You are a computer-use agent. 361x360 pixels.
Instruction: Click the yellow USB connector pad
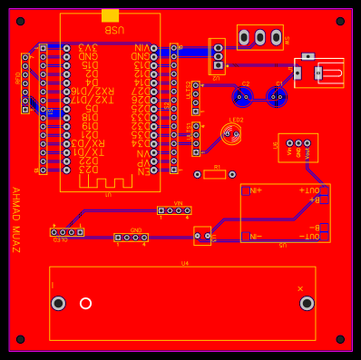tap(110, 15)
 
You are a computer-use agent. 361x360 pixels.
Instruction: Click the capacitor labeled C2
tap(242, 96)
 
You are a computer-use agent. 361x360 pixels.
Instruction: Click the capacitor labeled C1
tap(278, 96)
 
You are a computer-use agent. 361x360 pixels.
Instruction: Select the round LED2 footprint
tap(231, 134)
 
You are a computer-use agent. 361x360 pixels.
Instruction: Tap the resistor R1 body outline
tap(215, 173)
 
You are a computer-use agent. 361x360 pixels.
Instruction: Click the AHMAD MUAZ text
tap(15, 213)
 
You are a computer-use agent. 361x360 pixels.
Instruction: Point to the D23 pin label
tap(88, 169)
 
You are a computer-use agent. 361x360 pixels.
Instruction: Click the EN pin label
tap(141, 170)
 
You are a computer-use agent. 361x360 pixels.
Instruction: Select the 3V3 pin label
tap(88, 47)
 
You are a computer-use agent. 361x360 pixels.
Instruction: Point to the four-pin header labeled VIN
tap(174, 210)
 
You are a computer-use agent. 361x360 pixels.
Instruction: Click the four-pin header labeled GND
tap(132, 238)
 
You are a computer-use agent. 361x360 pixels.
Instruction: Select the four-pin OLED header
tap(67, 232)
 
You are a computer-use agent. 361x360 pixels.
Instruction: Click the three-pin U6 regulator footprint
tap(298, 143)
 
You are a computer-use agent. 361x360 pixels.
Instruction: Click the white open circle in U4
tap(85, 303)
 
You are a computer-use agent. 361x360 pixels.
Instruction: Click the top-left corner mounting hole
tap(20, 21)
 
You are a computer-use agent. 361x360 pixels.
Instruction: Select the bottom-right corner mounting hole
tap(340, 339)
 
